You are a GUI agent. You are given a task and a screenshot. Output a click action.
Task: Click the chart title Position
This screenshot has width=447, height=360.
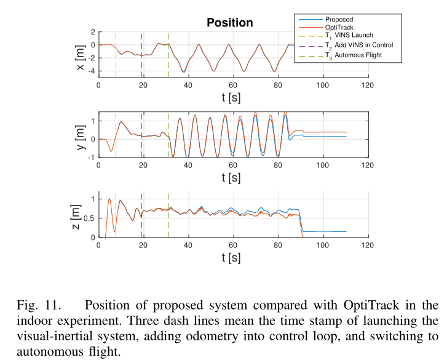pyautogui.click(x=229, y=23)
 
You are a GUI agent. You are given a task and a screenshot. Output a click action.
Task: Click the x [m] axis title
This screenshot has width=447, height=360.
pyautogui.click(x=81, y=57)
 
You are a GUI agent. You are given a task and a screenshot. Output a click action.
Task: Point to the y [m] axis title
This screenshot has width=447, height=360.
pyautogui.click(x=81, y=135)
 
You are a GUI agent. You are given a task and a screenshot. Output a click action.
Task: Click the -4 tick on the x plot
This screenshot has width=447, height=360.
pyautogui.click(x=92, y=71)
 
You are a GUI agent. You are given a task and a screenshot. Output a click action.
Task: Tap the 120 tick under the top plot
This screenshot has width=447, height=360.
pyautogui.click(x=367, y=85)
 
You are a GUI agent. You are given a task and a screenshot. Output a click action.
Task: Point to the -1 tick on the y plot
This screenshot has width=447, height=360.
pyautogui.click(x=92, y=158)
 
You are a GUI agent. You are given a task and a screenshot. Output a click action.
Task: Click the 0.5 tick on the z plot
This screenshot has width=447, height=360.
pyautogui.click(x=90, y=218)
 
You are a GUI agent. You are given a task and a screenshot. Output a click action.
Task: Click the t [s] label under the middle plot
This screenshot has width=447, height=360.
pyautogui.click(x=233, y=177)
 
